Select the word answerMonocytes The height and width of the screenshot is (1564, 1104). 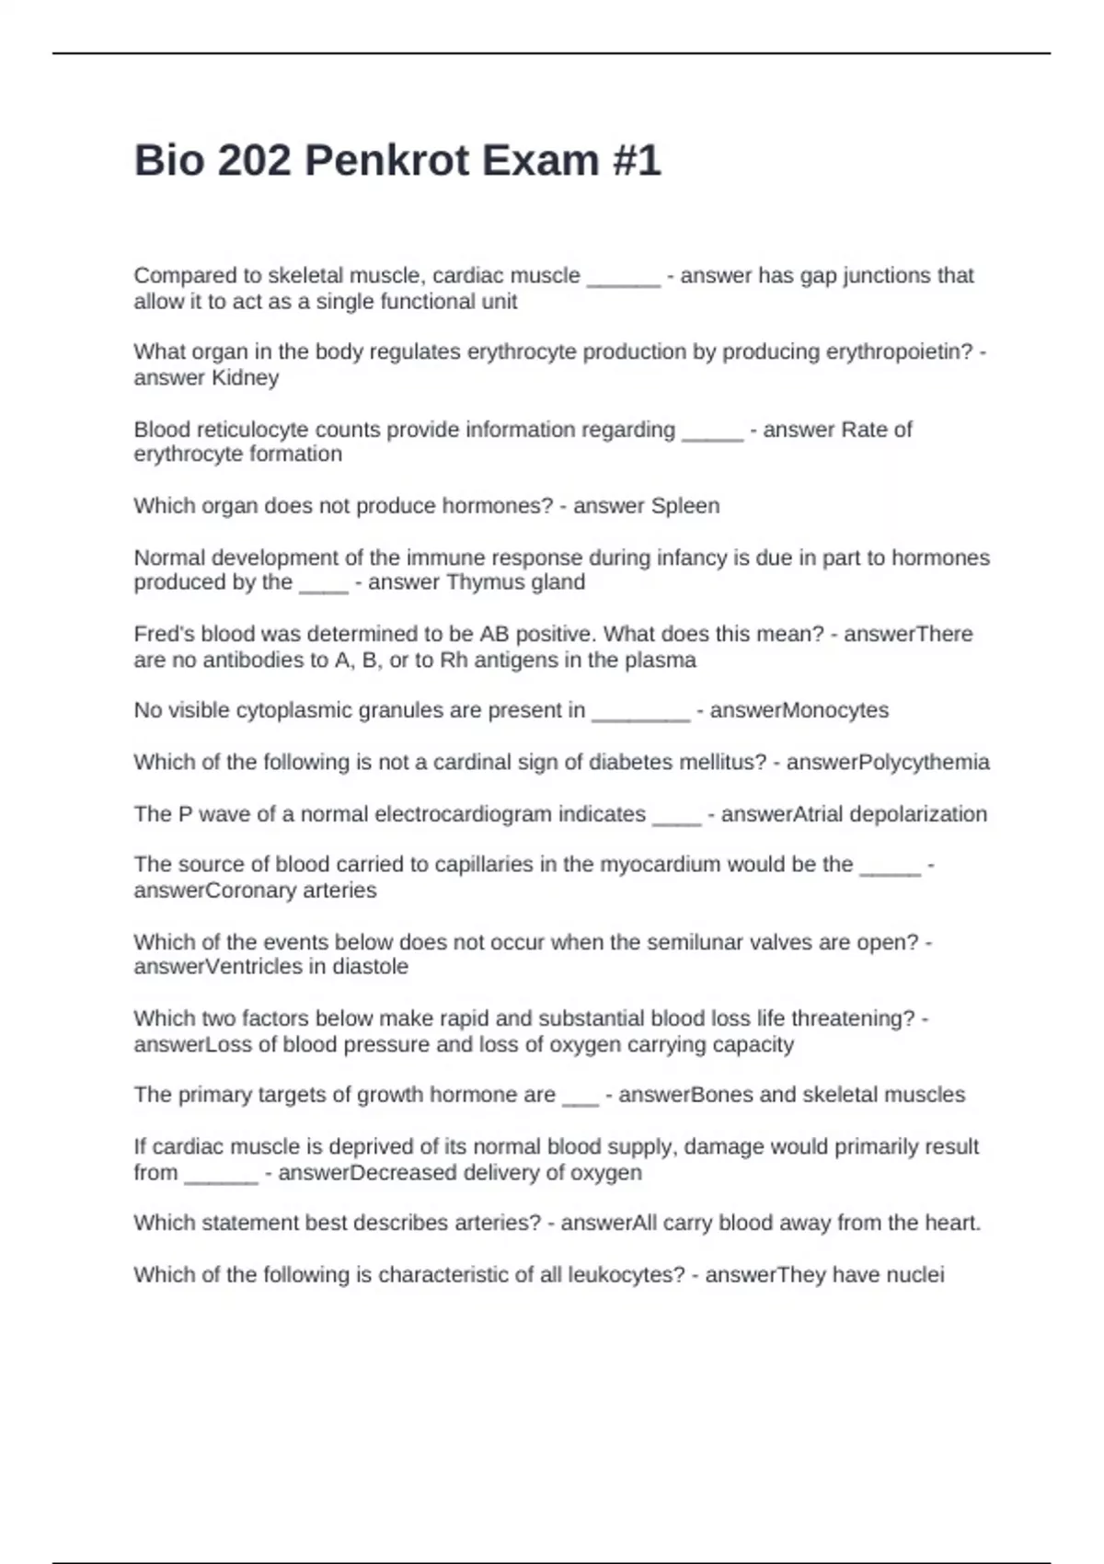[x=799, y=710]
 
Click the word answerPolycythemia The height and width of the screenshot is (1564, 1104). [x=888, y=762]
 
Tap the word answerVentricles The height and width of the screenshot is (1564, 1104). [x=229, y=967]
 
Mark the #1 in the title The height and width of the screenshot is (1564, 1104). [x=636, y=161]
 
